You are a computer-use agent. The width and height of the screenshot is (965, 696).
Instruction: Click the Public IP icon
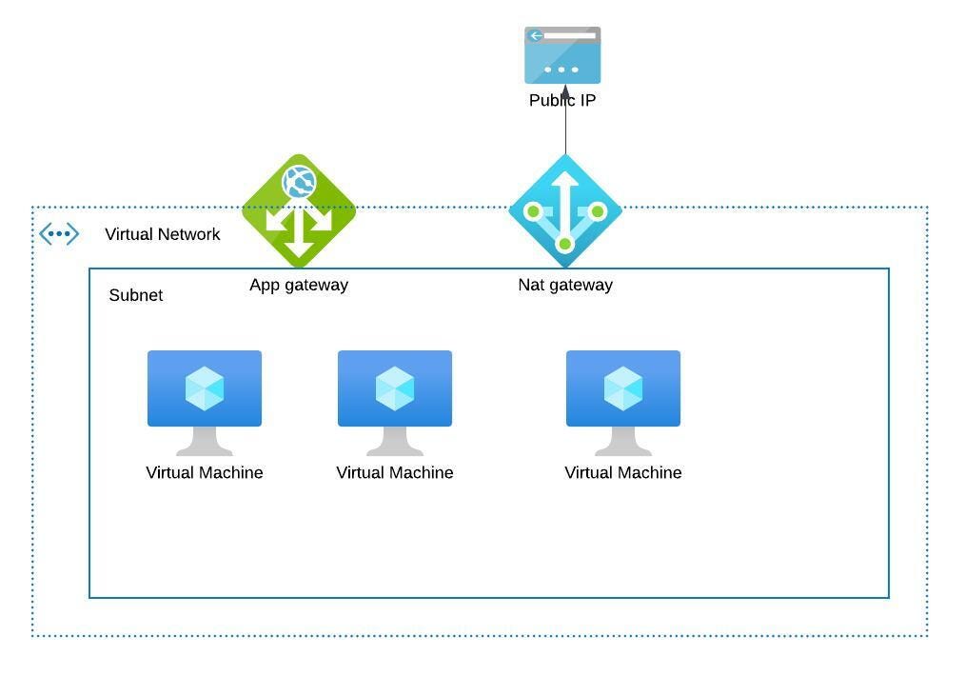pos(562,55)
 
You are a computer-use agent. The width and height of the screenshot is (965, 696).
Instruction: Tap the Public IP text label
pos(562,101)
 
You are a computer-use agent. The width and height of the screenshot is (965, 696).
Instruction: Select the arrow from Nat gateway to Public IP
pos(565,129)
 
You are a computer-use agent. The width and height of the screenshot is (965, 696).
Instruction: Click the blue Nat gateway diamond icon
pos(565,210)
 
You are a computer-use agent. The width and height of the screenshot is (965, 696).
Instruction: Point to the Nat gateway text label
pos(565,285)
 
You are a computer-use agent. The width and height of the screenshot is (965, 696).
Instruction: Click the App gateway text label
pos(299,285)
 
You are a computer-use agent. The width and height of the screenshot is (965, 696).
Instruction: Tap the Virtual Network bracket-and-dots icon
pos(59,233)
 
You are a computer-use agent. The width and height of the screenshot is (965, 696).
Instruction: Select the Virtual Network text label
pos(162,234)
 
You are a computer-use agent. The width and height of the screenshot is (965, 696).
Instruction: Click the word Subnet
pos(136,295)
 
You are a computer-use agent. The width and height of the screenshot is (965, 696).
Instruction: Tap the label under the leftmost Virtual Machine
pos(205,472)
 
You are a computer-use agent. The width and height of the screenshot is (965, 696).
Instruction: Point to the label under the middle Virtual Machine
pos(395,472)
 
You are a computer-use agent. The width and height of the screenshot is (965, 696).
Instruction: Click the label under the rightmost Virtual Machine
pos(623,472)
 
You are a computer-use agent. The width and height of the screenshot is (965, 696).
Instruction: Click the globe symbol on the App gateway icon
pos(299,181)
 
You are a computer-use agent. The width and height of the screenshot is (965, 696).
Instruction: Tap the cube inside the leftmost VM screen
pos(205,388)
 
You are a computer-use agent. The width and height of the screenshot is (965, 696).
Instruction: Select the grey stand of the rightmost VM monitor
pos(623,442)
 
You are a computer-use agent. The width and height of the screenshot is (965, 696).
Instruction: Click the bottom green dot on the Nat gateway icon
pos(564,245)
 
